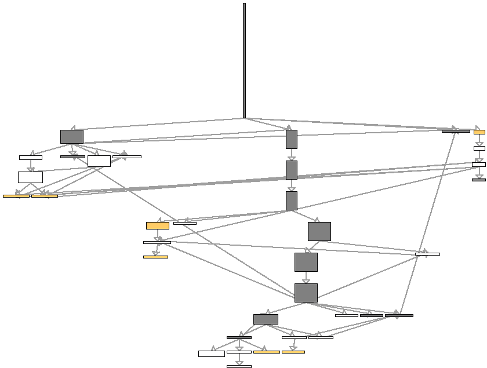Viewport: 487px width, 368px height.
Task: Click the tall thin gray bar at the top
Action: click(244, 60)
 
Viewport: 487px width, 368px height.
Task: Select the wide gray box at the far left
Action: click(72, 137)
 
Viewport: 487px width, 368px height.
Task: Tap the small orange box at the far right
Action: click(479, 132)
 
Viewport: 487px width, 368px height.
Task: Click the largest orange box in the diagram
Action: click(158, 225)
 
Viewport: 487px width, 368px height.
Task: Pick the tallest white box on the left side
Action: click(30, 177)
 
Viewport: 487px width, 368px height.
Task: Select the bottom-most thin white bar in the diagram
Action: click(239, 366)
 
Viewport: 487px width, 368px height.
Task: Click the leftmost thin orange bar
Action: click(16, 196)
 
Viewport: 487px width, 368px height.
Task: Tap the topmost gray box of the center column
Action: click(292, 139)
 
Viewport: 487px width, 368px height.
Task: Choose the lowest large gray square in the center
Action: click(306, 293)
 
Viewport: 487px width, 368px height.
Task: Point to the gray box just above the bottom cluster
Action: click(266, 319)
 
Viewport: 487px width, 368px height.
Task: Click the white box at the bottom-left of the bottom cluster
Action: click(212, 354)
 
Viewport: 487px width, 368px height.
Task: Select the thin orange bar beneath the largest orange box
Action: click(155, 257)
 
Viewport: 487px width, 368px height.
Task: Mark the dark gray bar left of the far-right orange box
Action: click(456, 131)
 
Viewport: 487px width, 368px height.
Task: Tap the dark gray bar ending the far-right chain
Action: click(479, 180)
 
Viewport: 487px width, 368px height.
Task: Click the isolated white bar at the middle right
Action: click(427, 254)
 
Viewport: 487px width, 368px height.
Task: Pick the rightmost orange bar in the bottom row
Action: click(293, 352)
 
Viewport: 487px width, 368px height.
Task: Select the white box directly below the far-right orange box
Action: click(479, 148)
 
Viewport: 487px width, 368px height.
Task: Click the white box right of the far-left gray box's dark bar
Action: click(99, 161)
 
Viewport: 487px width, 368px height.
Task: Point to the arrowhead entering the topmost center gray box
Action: click(289, 127)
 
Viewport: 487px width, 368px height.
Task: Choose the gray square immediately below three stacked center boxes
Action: click(319, 231)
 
